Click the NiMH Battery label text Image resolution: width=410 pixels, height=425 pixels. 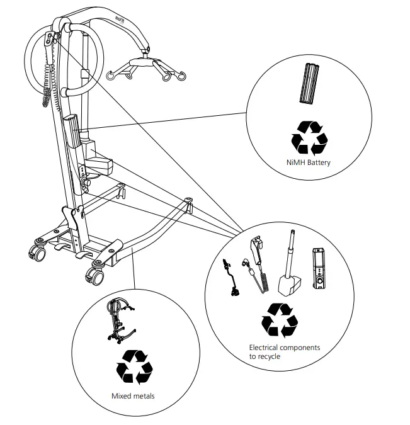308,162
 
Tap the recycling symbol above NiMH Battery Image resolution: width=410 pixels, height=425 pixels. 308,137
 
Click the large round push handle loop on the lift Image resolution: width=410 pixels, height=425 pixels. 50,60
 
